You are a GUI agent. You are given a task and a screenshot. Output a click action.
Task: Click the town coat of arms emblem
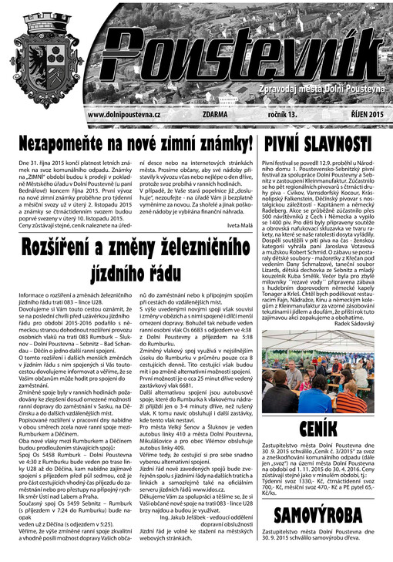pyautogui.click(x=43, y=58)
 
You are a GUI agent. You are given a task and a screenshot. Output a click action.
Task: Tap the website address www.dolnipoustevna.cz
pyautogui.click(x=124, y=115)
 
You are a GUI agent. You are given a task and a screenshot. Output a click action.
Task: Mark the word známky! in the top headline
pyautogui.click(x=223, y=144)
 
